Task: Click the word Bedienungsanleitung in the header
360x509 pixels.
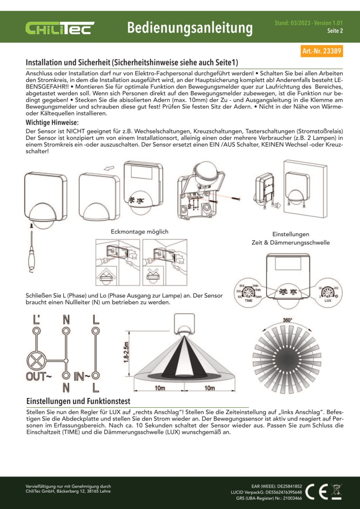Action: [190, 28]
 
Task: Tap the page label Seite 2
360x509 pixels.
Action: [334, 31]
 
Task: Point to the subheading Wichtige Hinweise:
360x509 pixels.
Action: [52, 123]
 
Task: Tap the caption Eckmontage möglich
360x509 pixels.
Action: [140, 232]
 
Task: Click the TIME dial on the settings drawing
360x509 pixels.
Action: [249, 293]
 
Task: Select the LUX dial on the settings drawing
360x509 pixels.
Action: [328, 293]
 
